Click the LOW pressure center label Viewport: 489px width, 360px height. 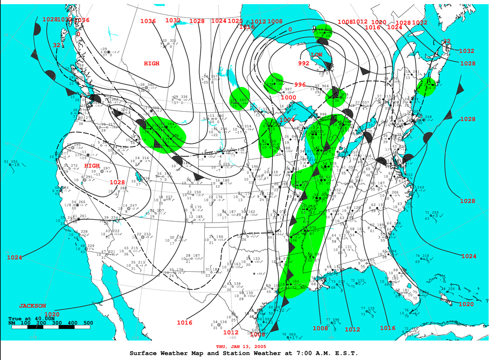coord(316,55)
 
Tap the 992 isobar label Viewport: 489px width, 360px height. coord(304,63)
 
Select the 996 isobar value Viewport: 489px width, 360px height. coord(300,85)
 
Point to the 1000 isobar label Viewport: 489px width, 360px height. coord(288,97)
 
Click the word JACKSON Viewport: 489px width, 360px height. coord(32,306)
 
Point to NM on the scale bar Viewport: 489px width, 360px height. coord(12,323)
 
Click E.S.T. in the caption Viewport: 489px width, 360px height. coord(341,353)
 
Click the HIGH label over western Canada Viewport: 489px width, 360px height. coord(151,63)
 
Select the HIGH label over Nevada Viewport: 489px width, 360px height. coord(92,166)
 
